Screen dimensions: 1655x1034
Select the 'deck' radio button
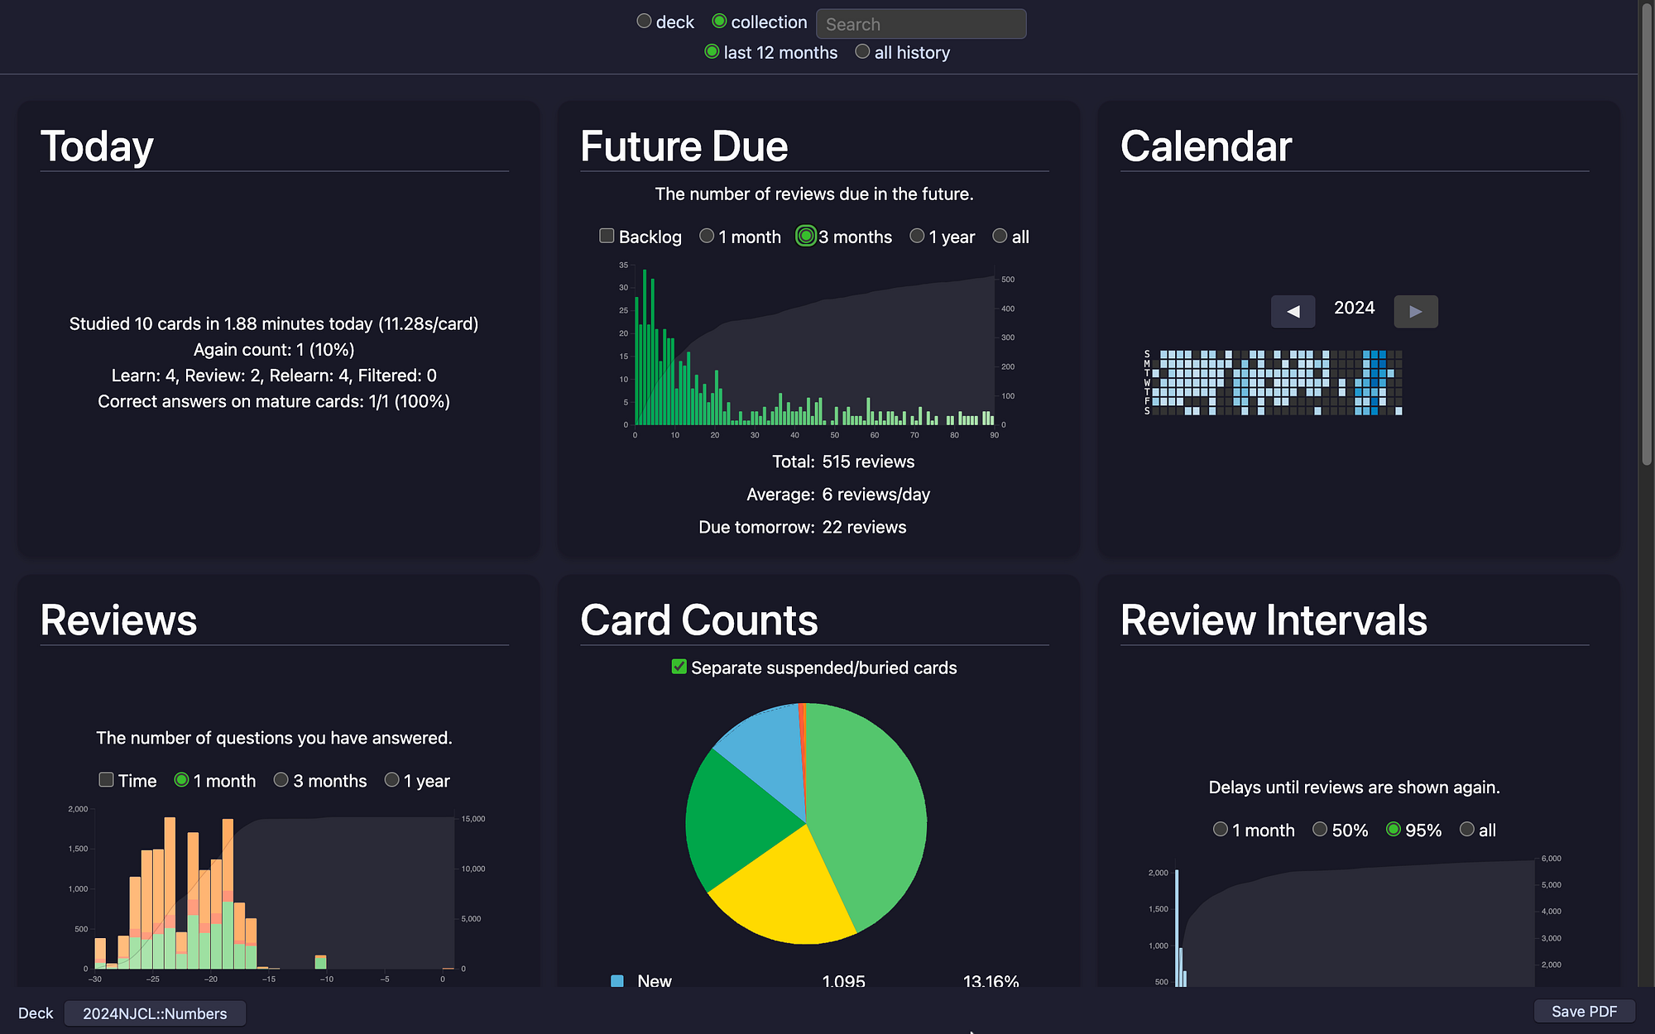[x=644, y=22]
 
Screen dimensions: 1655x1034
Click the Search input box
[x=921, y=24]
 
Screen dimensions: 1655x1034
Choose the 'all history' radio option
[x=862, y=51]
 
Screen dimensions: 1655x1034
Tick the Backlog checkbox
[x=607, y=236]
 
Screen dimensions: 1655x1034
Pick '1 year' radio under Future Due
[x=917, y=236]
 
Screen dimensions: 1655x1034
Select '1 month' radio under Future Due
[x=707, y=236]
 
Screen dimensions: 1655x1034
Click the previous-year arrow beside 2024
[x=1293, y=311]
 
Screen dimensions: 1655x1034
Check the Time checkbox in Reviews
[x=106, y=779]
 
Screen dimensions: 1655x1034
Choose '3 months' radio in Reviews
[x=281, y=779]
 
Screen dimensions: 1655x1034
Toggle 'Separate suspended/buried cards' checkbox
[x=679, y=667]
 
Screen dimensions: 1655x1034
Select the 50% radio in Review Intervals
[x=1320, y=829]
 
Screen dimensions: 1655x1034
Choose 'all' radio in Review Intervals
[x=1467, y=829]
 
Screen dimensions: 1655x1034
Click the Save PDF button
[x=1584, y=1012]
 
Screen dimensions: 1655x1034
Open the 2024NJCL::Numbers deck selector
[x=155, y=1013]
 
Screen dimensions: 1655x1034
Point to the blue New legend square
[x=616, y=981]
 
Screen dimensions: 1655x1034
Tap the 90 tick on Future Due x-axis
[x=995, y=435]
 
